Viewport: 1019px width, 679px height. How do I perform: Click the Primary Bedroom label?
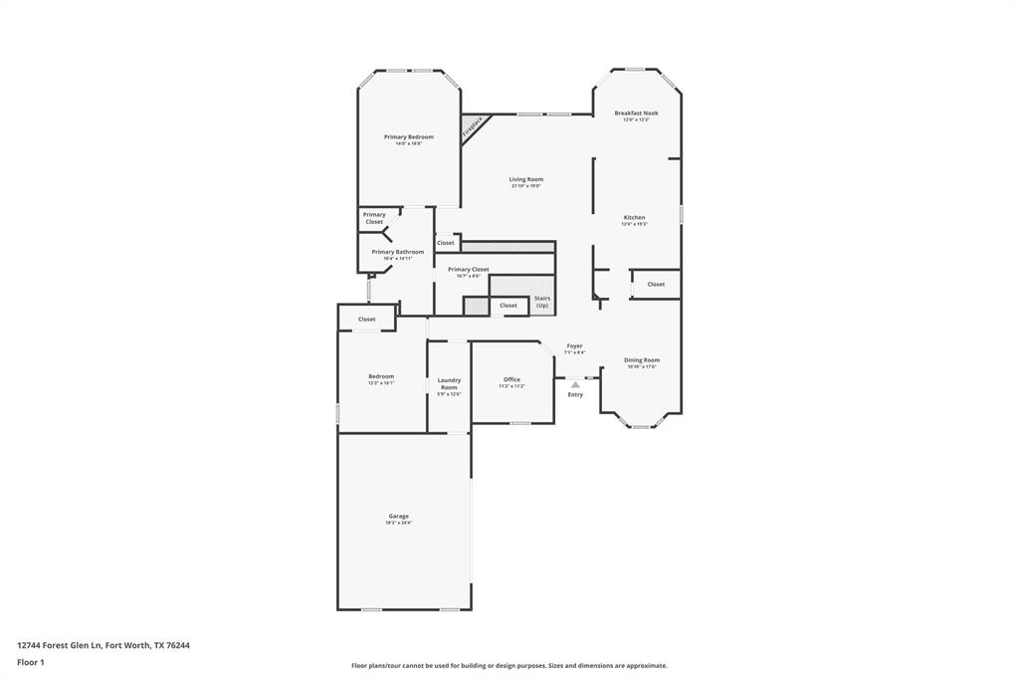(408, 136)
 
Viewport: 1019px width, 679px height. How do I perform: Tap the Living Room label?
(525, 179)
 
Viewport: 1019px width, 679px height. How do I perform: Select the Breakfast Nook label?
(636, 113)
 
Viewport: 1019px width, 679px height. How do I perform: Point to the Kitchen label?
(634, 217)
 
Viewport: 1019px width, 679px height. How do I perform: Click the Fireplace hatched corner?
(474, 126)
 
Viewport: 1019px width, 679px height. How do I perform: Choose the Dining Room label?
(641, 360)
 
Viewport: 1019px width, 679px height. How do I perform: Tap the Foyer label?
(574, 345)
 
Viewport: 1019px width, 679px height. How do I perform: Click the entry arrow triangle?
(575, 383)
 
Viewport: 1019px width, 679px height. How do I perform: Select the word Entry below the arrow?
(575, 395)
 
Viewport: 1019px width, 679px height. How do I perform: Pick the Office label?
(511, 379)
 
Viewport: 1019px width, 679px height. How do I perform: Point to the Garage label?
(398, 516)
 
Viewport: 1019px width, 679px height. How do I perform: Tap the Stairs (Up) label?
(542, 301)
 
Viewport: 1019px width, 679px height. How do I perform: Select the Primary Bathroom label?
(397, 252)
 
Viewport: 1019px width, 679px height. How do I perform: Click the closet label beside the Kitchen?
(656, 285)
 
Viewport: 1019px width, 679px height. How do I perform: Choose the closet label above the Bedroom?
(366, 319)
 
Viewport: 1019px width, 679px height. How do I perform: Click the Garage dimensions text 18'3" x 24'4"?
(398, 523)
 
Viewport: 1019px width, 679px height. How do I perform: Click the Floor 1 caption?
(31, 662)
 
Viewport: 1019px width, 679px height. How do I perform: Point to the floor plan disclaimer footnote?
(509, 666)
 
